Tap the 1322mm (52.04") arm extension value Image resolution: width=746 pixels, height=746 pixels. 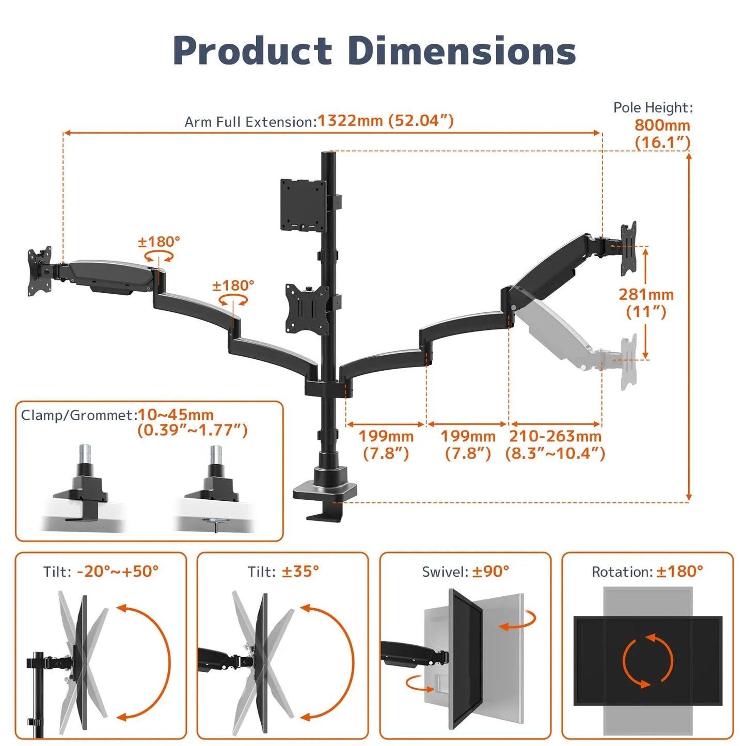point(385,121)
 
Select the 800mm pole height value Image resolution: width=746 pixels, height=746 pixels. point(662,125)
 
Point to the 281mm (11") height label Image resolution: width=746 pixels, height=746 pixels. point(646,303)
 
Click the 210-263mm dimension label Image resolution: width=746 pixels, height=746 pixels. point(555,436)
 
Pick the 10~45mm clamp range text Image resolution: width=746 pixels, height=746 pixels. point(176,415)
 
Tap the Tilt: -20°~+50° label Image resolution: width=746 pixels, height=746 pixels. point(101,572)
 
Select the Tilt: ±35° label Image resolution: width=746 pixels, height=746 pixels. point(283,572)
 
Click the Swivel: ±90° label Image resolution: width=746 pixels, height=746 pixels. point(465,572)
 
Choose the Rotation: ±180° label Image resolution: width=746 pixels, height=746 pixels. point(647,572)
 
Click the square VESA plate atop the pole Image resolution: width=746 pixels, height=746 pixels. point(303,204)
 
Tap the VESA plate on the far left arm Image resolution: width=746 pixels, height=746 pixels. point(39,271)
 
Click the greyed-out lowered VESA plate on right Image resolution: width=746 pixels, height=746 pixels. point(629,361)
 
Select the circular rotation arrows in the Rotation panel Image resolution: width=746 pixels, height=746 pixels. point(647,661)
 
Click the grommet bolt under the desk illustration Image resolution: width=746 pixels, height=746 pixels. point(213,524)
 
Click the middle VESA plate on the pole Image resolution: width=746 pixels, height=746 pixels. point(308,309)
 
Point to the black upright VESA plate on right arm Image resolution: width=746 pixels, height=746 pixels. point(629,249)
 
